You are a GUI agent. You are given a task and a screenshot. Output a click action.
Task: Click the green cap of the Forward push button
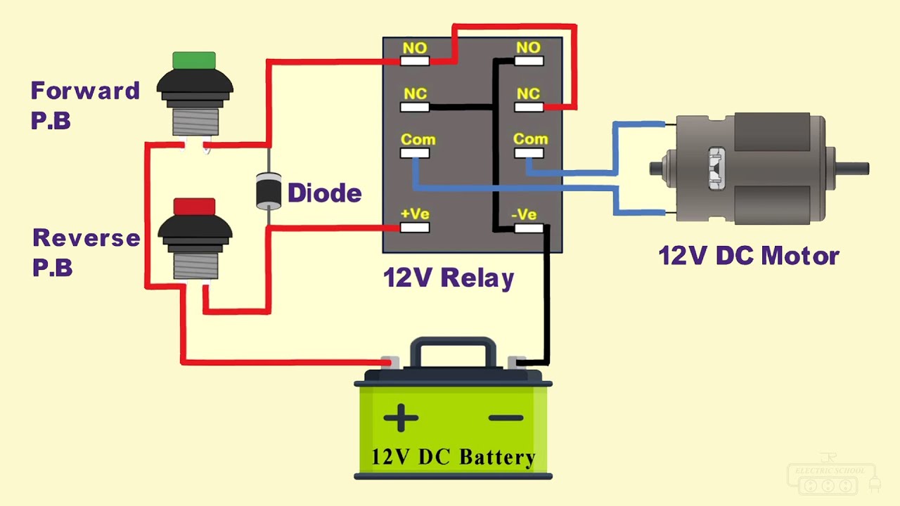point(194,60)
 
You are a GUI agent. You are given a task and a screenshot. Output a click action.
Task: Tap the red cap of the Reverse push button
point(194,207)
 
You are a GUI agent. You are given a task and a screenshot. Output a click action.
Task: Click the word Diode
point(324,193)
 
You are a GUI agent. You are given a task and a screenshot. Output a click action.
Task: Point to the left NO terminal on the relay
point(415,61)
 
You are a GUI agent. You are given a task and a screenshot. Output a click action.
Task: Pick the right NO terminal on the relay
point(528,61)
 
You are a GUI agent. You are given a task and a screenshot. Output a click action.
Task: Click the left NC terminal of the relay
point(415,108)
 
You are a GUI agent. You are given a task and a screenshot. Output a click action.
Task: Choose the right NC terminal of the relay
point(528,108)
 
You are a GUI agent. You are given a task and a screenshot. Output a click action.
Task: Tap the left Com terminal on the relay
point(415,153)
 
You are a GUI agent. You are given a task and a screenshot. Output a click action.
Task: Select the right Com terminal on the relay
point(528,153)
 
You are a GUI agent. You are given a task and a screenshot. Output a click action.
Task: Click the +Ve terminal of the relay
point(415,227)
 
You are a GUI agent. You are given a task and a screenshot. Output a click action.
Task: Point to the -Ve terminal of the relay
point(528,228)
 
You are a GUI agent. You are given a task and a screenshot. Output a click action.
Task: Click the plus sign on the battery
point(401,417)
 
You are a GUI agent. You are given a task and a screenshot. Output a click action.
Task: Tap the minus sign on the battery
point(506,418)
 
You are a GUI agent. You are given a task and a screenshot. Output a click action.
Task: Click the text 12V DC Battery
point(453,458)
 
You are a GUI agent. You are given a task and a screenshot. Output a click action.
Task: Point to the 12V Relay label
point(449,278)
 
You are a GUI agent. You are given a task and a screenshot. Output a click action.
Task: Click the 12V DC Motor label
point(748,256)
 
